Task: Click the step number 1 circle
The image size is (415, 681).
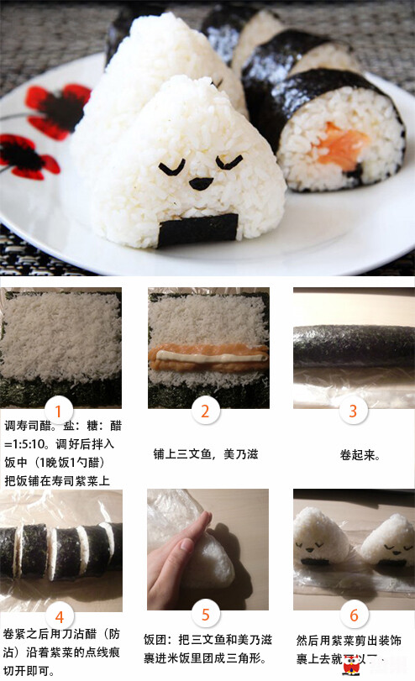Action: [x=59, y=411]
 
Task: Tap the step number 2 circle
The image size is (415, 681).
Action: [x=205, y=411]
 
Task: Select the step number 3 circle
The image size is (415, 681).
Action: [x=353, y=411]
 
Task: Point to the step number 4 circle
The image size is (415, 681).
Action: [x=59, y=614]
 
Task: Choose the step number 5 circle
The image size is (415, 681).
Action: [x=205, y=614]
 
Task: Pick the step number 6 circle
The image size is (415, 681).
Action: [x=353, y=614]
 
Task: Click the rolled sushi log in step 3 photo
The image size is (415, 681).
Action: [x=353, y=344]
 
